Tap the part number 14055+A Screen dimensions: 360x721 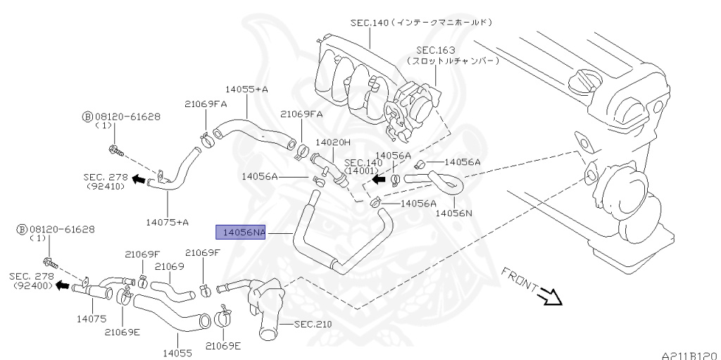[x=246, y=89]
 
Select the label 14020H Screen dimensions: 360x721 [x=332, y=142]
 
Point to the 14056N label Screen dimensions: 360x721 [x=453, y=212]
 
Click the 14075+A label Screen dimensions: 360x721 [x=168, y=222]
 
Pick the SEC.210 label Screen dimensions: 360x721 [x=313, y=325]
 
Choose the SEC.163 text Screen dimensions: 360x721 [x=435, y=50]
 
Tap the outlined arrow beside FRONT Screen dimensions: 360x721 [x=550, y=298]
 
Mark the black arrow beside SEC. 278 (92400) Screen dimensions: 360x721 [x=63, y=287]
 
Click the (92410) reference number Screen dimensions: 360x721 [x=106, y=187]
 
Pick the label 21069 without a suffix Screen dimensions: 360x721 [x=169, y=266]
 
